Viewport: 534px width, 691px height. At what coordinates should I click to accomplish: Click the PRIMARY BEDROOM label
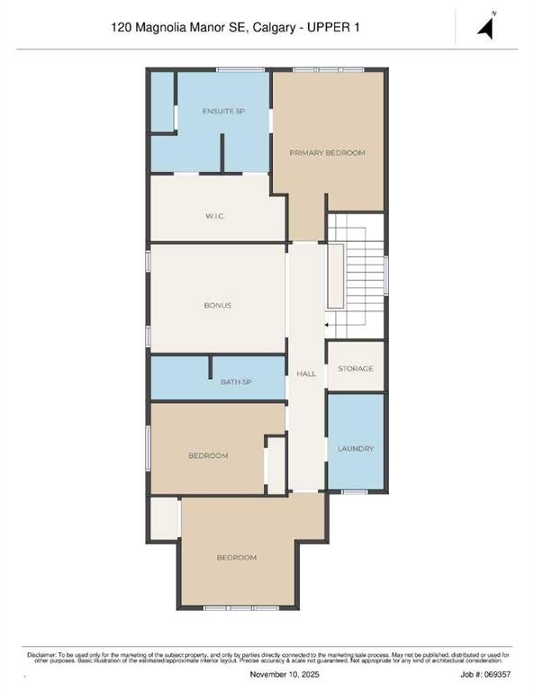coord(327,153)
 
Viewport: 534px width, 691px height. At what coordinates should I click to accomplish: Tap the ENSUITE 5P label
coord(223,111)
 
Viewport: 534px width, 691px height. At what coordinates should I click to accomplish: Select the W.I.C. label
coord(215,216)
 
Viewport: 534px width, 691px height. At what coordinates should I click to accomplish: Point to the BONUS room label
coord(218,305)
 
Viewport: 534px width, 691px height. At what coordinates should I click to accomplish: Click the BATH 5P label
coord(236,381)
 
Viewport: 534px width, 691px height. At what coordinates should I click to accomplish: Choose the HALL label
coord(306,373)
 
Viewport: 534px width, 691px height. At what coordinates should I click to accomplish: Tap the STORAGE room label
coord(356,368)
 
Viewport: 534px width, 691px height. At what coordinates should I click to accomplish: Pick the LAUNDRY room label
coord(356,449)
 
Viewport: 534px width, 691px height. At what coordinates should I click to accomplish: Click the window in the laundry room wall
coord(355,491)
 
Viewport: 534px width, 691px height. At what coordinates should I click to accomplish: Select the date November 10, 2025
coord(285,674)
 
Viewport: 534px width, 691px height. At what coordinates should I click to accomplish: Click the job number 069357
coord(498,674)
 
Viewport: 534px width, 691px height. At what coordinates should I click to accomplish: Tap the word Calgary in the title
coord(275,28)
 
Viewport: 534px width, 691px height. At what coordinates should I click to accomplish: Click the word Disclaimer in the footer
coord(41,655)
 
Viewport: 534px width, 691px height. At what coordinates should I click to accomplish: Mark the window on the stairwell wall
coord(386,275)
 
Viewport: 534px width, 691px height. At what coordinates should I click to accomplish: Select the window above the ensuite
coord(240,69)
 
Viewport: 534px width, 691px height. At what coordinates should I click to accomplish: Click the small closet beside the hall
coord(276,465)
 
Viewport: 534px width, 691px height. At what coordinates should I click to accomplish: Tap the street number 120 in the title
coord(122,27)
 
